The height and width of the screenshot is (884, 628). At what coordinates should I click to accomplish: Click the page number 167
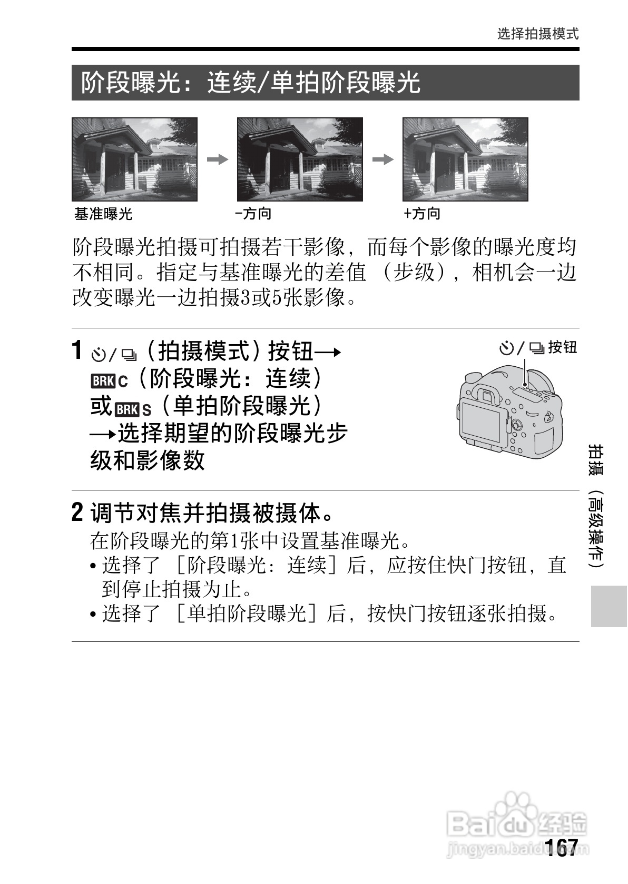(562, 847)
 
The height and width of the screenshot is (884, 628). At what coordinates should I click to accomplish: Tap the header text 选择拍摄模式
(537, 34)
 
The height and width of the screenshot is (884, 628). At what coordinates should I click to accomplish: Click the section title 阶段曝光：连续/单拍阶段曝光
(251, 83)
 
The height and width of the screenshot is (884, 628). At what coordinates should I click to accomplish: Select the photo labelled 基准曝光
(134, 159)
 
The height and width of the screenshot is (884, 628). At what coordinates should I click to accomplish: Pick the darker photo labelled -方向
(300, 159)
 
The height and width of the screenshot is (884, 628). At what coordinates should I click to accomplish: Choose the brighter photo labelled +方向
(465, 159)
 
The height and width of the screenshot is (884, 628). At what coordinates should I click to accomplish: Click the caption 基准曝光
(103, 214)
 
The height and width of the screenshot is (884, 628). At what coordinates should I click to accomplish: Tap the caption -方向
(253, 214)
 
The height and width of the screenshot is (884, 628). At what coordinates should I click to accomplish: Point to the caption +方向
(421, 214)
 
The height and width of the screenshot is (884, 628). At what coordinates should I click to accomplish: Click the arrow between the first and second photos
(217, 159)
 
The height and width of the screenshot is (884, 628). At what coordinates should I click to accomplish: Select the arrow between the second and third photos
(383, 159)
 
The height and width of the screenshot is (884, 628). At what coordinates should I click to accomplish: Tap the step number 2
(77, 513)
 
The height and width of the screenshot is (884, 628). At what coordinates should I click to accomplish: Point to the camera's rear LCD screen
(481, 423)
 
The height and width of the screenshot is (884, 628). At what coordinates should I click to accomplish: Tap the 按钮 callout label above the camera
(563, 347)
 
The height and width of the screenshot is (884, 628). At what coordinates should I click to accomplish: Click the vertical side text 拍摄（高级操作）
(596, 505)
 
